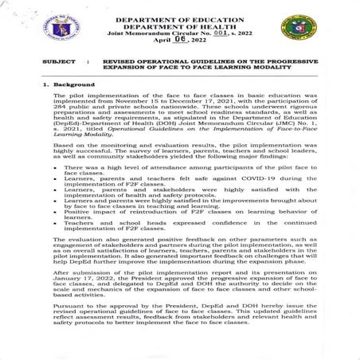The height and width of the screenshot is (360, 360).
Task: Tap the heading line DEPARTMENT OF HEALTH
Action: pos(182,26)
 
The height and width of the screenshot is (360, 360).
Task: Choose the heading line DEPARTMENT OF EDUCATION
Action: pos(182,19)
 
